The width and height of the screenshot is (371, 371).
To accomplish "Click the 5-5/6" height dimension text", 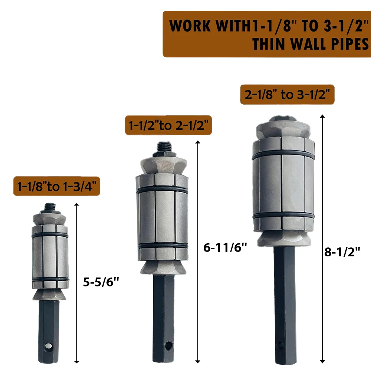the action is tap(101, 282).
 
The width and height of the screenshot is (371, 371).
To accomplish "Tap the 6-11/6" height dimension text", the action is tap(225, 248).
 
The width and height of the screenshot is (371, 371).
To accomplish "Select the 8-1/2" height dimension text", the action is tap(342, 252).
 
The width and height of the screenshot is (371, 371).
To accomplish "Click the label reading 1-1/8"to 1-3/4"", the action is tap(57, 186).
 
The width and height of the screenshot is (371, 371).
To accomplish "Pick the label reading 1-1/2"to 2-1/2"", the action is tap(168, 125).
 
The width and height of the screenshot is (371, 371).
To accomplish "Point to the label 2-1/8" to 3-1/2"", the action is tap(287, 94).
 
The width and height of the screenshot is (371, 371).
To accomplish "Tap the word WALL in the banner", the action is tap(309, 44).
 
